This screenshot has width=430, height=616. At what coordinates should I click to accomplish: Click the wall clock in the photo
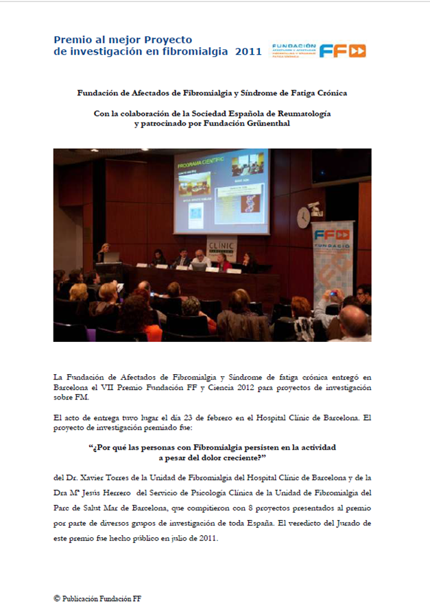[303, 217]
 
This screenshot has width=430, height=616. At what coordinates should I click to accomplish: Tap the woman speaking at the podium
[105, 251]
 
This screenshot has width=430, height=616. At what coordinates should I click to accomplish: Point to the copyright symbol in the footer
[57, 598]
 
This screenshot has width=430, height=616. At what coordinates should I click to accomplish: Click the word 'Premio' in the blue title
[70, 40]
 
